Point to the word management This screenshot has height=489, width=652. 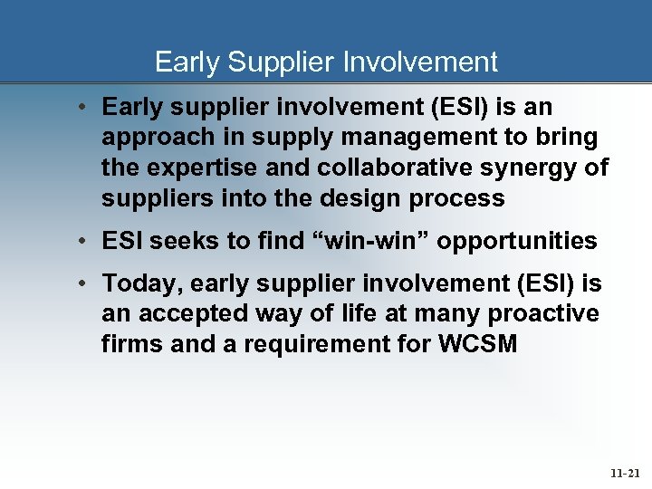click(405, 138)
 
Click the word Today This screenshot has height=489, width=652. click(139, 283)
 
